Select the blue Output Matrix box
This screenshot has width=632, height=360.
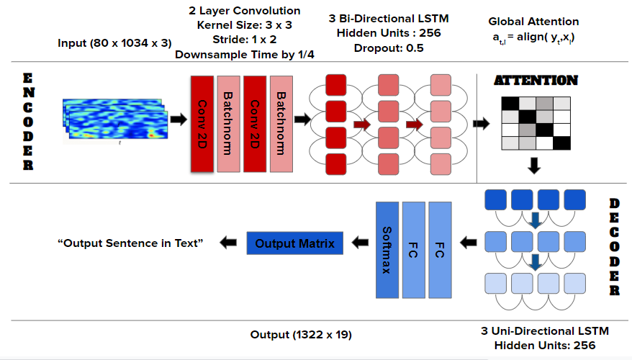click(295, 243)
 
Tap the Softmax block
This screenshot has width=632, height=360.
click(387, 250)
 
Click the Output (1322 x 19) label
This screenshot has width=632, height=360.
click(300, 334)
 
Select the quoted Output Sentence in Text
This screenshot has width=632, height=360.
click(130, 243)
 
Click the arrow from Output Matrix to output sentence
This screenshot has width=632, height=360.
click(229, 243)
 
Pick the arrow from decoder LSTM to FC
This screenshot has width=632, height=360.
click(469, 243)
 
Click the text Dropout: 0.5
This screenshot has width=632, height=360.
click(389, 49)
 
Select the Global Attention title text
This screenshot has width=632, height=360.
click(533, 22)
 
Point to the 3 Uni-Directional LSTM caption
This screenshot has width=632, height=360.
click(545, 331)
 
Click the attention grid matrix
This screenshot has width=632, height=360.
click(536, 122)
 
